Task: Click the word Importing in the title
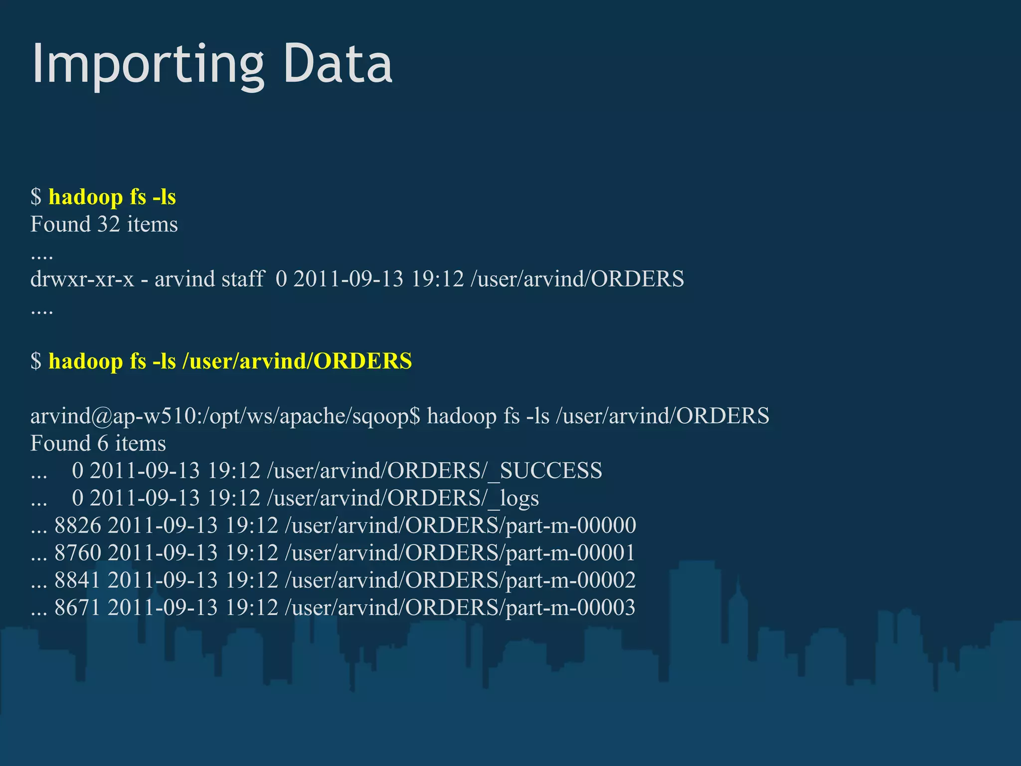pos(148,65)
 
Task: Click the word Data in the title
pos(338,64)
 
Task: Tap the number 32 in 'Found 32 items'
pos(109,224)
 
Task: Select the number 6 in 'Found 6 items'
pos(103,443)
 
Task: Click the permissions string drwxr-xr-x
pos(82,279)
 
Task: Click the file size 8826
pos(78,526)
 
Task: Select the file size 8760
pos(78,553)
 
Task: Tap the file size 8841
pos(78,580)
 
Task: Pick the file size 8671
pos(78,608)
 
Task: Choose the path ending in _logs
pos(403,499)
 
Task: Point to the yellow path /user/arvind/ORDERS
pos(297,362)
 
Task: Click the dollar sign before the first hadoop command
pos(36,197)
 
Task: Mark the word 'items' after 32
pos(152,224)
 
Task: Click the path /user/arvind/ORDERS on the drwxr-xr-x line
pos(577,279)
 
